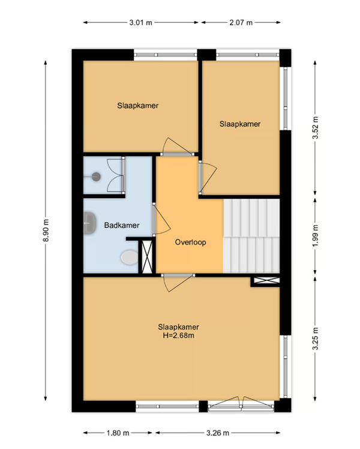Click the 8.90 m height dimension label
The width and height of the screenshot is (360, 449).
pos(46,231)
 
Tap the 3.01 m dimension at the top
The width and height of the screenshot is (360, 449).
pos(140,23)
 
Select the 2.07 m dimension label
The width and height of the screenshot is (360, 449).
pos(241,23)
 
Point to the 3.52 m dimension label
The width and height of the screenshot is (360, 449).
pos(315,128)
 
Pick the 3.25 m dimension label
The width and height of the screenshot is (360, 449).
pos(315,339)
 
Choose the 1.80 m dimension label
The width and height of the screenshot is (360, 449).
pos(118,433)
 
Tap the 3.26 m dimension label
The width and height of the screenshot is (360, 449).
pos(218,433)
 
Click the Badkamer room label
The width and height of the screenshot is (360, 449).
pos(122,225)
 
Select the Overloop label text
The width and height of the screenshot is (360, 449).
pos(190,243)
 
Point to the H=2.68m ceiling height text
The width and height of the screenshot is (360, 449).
pos(179,336)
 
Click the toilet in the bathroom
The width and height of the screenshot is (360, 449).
pos(130,257)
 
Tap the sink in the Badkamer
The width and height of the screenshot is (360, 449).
pos(89,223)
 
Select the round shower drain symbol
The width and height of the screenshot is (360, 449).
pos(96,176)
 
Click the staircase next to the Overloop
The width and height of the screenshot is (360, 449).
pos(251,236)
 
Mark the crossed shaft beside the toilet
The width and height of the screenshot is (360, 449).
pos(147,256)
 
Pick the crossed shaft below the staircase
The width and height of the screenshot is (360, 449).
pos(266,281)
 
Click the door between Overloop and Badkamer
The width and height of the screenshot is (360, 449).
pos(161,219)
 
